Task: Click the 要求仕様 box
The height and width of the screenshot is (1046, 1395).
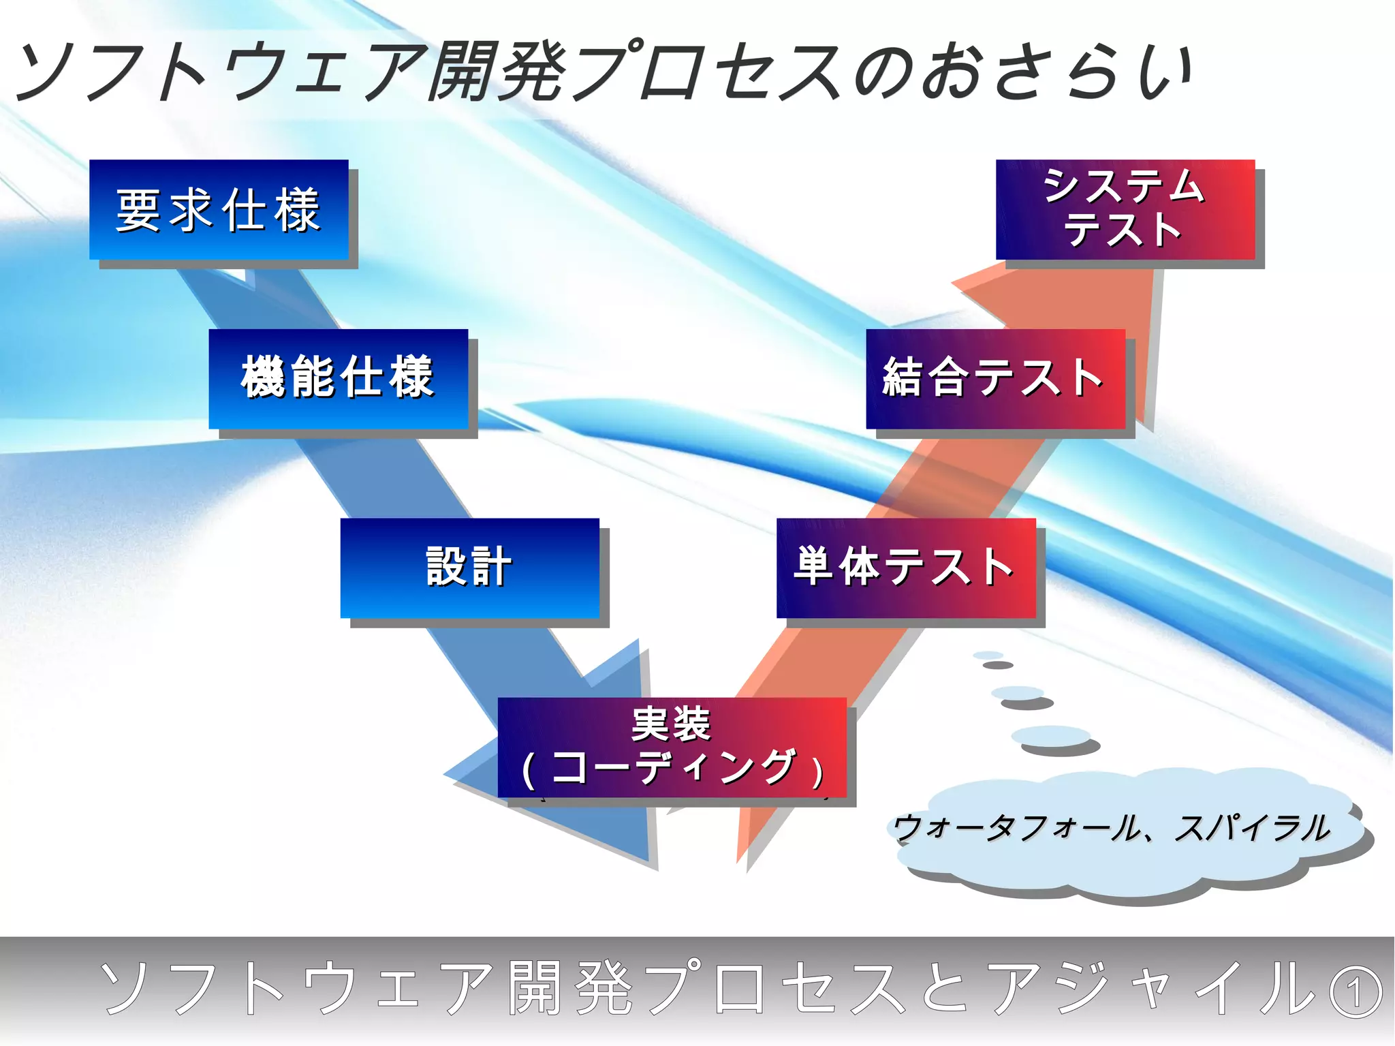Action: [219, 209]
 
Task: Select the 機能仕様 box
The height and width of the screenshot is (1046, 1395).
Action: [338, 379]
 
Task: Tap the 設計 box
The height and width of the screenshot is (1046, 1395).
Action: [469, 568]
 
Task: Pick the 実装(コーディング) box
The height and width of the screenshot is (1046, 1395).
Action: [672, 747]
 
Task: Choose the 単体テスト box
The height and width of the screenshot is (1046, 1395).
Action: [906, 568]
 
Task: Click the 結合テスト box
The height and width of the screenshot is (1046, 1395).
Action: [995, 379]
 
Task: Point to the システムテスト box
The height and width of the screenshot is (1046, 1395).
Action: [1125, 209]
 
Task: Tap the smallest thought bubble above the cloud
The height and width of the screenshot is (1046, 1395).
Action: [988, 656]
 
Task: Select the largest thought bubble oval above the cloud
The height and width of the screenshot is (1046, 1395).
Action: [1050, 735]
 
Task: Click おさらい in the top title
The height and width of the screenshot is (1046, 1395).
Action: [1056, 72]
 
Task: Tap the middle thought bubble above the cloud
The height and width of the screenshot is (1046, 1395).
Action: [1018, 693]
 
